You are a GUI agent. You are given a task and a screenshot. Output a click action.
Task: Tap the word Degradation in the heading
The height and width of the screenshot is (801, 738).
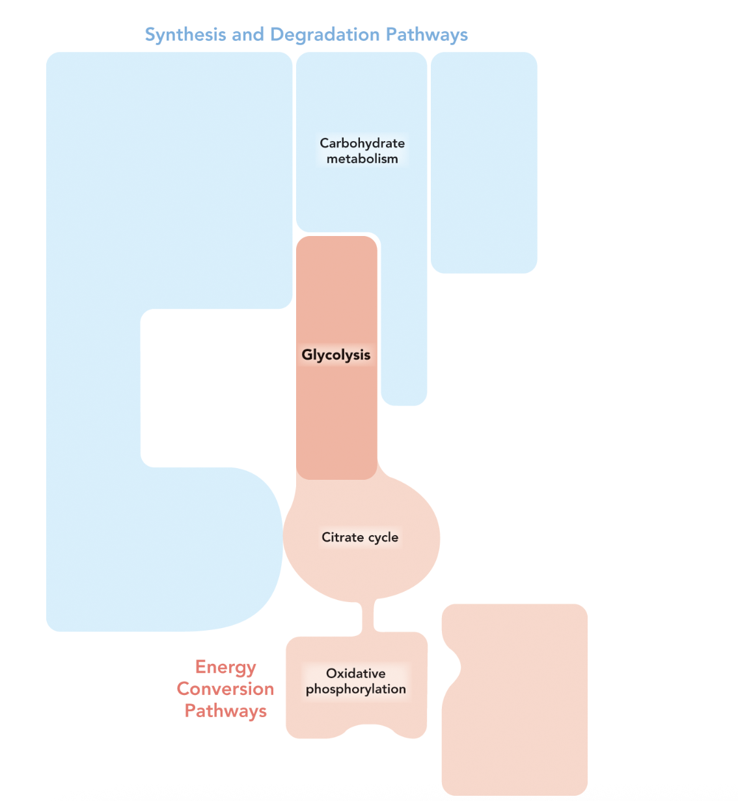pos(325,35)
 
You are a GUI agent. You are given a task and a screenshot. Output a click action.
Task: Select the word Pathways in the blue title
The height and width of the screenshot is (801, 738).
pos(426,35)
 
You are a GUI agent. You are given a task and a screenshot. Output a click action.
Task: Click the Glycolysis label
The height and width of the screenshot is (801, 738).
pos(336,355)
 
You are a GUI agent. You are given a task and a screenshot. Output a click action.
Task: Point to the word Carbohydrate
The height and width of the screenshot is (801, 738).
pos(362,143)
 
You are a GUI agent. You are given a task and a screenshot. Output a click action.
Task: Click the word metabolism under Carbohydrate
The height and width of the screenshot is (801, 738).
pos(362,159)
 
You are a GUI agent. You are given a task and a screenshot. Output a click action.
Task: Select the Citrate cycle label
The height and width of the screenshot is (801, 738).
pos(360,538)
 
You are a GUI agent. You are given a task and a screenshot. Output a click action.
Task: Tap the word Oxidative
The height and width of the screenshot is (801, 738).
pos(355,674)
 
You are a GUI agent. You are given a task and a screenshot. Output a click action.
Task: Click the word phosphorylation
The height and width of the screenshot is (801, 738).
pos(355,689)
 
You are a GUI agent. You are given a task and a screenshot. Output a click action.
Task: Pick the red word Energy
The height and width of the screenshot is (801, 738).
pos(225,668)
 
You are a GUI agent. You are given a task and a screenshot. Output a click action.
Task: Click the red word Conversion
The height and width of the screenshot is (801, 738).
pos(225,689)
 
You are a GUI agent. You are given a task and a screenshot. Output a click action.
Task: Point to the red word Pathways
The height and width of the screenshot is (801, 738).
pos(225,711)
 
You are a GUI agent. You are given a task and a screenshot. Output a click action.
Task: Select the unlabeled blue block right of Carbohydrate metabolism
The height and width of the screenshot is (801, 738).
pos(484,163)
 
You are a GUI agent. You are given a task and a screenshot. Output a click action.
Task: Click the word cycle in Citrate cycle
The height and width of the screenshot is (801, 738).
pos(383,538)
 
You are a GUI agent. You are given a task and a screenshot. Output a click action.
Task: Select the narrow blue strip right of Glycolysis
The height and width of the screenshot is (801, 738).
pos(403,325)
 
